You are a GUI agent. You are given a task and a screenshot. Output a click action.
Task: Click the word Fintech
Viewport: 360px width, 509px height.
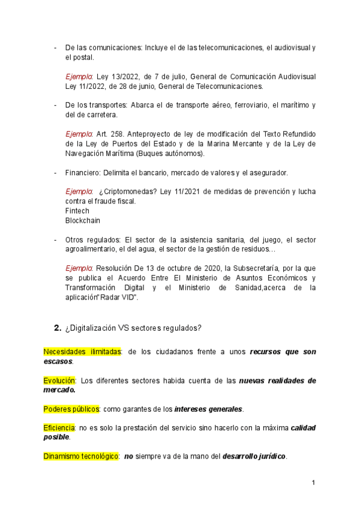click(77, 211)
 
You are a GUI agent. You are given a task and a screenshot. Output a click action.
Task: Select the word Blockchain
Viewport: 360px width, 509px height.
click(82, 220)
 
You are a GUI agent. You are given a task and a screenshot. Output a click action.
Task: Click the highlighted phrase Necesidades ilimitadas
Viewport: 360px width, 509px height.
click(82, 351)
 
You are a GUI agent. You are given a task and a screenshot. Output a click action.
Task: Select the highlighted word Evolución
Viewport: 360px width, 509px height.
click(59, 380)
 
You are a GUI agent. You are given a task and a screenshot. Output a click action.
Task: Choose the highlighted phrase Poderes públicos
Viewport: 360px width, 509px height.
click(71, 409)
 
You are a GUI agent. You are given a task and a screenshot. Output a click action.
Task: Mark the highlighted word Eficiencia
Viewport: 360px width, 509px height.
click(59, 427)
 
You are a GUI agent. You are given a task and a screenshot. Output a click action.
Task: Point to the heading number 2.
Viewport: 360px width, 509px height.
click(58, 328)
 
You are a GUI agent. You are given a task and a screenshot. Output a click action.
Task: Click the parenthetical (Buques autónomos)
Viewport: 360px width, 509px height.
click(170, 154)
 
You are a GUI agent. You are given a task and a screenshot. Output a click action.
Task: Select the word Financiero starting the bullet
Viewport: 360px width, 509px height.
click(82, 173)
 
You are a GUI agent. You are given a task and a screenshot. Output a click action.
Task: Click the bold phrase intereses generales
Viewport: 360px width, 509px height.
click(208, 409)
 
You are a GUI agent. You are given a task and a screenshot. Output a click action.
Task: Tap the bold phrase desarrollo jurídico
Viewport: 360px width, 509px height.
click(254, 456)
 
